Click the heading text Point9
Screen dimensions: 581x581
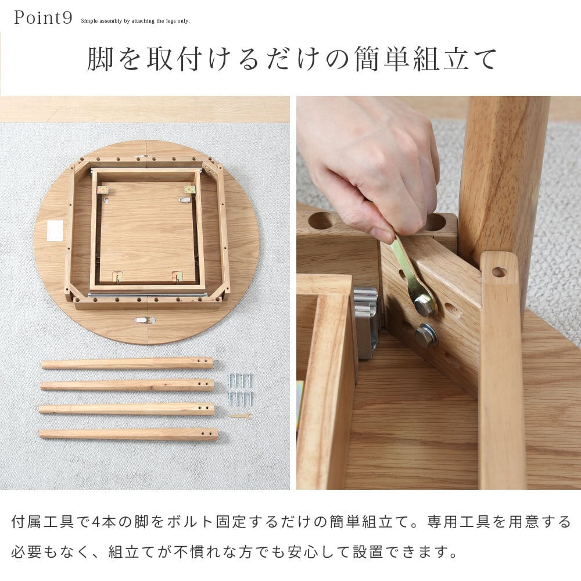click(43, 18)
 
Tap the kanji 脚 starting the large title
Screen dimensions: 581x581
click(100, 59)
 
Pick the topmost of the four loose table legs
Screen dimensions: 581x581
click(127, 363)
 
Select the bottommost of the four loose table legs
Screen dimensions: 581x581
click(128, 434)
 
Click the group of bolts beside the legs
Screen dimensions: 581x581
click(241, 389)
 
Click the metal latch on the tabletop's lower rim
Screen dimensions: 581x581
click(145, 320)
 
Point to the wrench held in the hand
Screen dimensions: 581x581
click(415, 278)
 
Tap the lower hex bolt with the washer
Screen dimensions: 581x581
click(425, 335)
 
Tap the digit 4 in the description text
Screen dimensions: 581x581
click(96, 522)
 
